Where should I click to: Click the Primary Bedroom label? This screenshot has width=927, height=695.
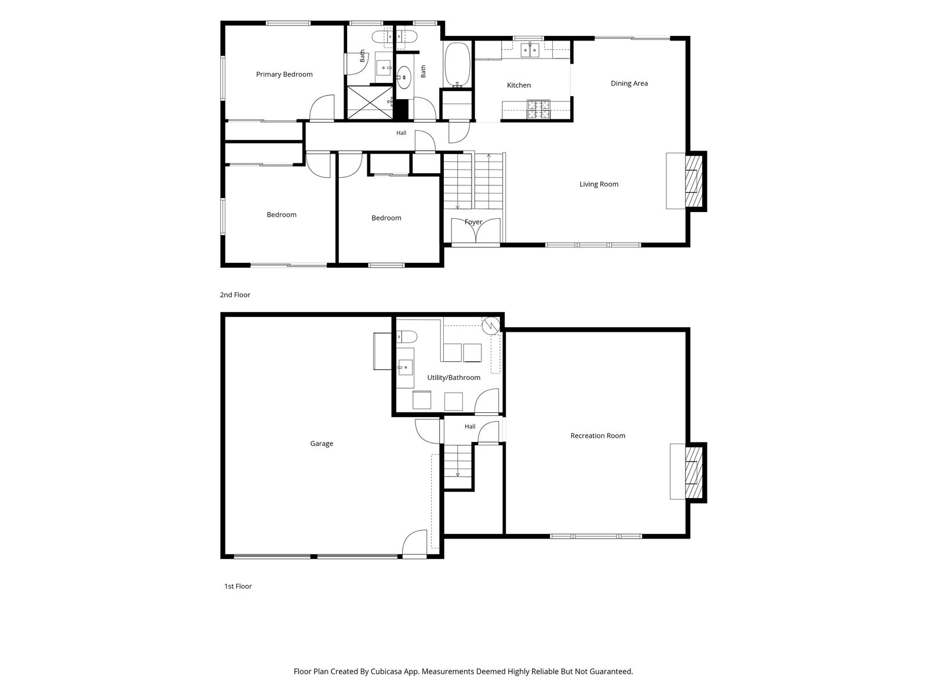(284, 74)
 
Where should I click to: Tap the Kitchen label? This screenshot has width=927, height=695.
(519, 85)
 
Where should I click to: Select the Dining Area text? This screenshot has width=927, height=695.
(629, 83)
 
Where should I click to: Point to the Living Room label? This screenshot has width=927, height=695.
(598, 184)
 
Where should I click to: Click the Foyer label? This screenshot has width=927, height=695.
(473, 222)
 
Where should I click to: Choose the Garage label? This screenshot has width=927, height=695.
(322, 443)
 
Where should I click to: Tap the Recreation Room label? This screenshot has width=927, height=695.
(597, 436)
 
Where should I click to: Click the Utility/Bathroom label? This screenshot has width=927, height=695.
(454, 377)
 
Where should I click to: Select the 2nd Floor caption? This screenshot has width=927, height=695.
(235, 295)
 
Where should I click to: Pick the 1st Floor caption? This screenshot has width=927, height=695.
(238, 586)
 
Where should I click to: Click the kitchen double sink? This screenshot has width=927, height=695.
(530, 50)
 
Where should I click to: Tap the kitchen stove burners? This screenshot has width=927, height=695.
(538, 109)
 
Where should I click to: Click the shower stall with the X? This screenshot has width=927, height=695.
(370, 102)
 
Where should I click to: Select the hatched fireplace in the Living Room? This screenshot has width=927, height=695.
(694, 181)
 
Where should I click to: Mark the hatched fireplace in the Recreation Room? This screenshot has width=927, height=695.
(694, 472)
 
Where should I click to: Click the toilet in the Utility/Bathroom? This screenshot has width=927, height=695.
(406, 336)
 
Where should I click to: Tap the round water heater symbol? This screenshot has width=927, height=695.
(491, 325)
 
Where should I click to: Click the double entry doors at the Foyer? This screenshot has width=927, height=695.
(476, 231)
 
